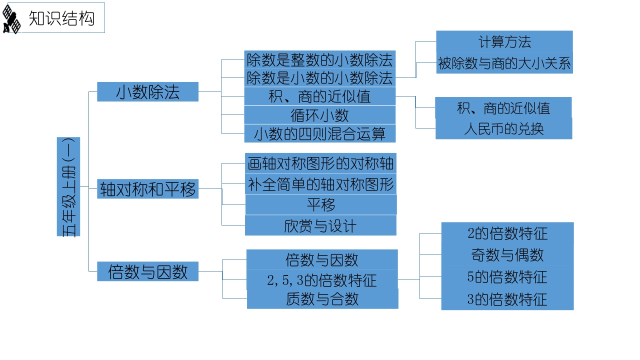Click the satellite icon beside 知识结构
pos(11,19)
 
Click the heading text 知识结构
pos(61,18)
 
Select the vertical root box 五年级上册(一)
pos(68,187)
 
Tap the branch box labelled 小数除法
pos(147,91)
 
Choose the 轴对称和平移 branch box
pos(147,189)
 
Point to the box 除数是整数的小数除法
pos(320,59)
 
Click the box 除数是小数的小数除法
pos(320,77)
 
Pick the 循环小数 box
pos(320,115)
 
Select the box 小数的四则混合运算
pos(320,133)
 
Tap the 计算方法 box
pos(504,41)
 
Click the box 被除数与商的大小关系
pos(504,63)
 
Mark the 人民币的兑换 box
pos(503,128)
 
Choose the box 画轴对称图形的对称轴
pos(320,163)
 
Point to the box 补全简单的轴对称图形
pos(320,184)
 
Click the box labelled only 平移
pos(321,204)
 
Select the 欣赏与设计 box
pos(320,225)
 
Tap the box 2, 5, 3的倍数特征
pos(322,279)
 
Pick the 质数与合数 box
pos(322,299)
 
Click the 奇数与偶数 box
pos(507,254)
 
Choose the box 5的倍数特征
pos(507,276)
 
